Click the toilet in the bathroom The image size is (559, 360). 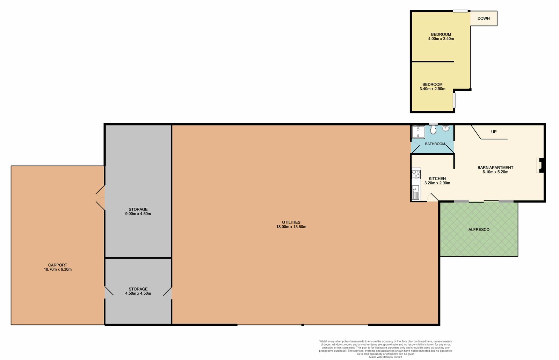[433, 130]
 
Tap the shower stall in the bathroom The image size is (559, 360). [418, 132]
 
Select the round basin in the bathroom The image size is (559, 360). [445, 128]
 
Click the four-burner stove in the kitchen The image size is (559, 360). [416, 174]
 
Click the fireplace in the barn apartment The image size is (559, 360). [540, 166]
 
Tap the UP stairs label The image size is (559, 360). [494, 132]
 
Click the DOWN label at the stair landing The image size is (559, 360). [484, 19]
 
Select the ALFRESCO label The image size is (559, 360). [479, 229]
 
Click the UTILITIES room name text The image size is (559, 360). [291, 222]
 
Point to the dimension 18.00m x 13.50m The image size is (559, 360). [291, 227]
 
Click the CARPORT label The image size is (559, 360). [58, 265]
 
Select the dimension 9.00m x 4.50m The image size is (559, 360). [138, 214]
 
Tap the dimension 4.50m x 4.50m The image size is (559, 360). [138, 294]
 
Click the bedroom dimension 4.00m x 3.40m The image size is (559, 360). [441, 39]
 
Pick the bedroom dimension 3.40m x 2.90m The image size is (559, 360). [432, 89]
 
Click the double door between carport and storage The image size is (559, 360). [101, 198]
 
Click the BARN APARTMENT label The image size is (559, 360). [495, 168]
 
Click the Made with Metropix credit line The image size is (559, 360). [385, 357]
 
